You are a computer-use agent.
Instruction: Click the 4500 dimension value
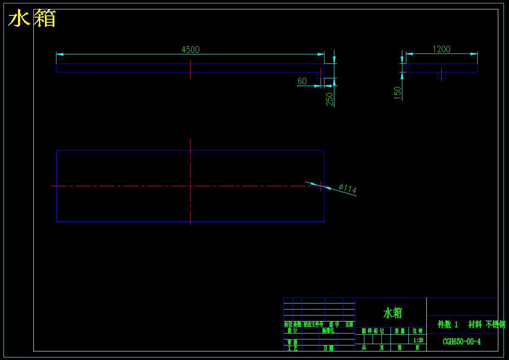click(191, 50)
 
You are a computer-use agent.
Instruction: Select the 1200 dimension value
click(441, 49)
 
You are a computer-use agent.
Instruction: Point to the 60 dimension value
click(302, 81)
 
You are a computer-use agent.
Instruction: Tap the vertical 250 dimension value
click(330, 99)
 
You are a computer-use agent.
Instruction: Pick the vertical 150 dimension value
click(398, 93)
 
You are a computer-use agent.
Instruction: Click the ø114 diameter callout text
click(348, 188)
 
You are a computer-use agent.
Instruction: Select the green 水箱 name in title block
click(393, 313)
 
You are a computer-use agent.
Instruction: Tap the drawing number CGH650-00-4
click(461, 342)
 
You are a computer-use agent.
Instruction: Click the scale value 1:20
click(418, 340)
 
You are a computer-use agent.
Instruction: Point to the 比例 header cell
click(417, 331)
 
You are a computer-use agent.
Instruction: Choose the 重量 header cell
click(400, 331)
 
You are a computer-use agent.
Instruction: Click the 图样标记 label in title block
click(373, 331)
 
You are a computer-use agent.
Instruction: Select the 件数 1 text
click(448, 324)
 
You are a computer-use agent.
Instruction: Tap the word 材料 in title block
click(475, 324)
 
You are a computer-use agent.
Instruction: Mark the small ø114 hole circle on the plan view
click(320, 186)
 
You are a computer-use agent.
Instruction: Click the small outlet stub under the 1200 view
click(442, 75)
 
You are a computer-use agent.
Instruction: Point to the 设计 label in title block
click(292, 330)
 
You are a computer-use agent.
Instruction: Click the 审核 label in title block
click(292, 342)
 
